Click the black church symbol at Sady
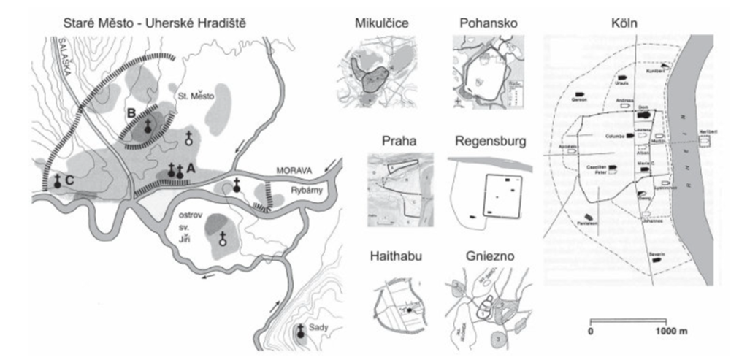point(299,332)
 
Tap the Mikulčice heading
point(376,23)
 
